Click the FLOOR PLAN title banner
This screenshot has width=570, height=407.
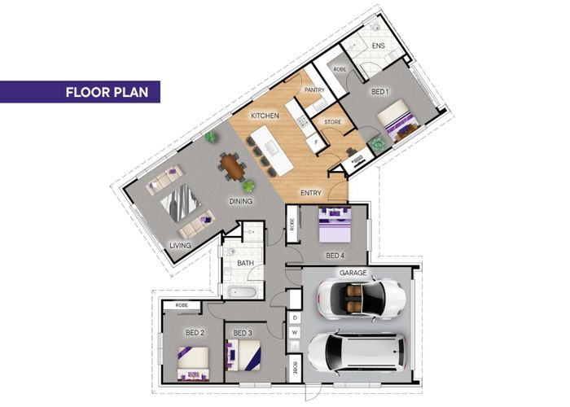coord(80,92)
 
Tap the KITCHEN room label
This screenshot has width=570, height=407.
coord(265,116)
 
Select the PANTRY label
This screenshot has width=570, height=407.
coord(314,90)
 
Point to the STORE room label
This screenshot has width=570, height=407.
coord(332,122)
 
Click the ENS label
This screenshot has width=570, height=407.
coord(378,46)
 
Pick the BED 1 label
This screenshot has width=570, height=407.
coord(380,92)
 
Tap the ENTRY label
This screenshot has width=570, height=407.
coord(311,193)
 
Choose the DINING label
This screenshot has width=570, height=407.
coord(241,201)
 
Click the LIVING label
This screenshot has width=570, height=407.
coord(180,246)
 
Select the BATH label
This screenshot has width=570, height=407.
coord(245,263)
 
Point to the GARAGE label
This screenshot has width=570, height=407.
coord(353,273)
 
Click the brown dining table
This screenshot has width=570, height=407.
coord(233,167)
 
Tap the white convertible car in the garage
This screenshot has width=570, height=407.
coord(362,299)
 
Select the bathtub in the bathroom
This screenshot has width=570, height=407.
coord(243,291)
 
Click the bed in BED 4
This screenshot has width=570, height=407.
coord(335,224)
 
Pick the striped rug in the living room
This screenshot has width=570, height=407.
coord(181,203)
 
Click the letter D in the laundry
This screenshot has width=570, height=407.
coord(295,318)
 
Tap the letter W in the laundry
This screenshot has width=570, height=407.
coord(295,332)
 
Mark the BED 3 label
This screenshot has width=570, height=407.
coord(243,333)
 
